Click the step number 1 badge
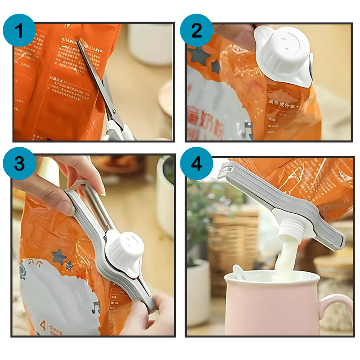(19, 30)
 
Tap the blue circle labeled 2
(196, 30)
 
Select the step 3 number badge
(19, 163)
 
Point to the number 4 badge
(196, 163)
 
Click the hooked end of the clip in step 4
(227, 171)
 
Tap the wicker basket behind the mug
(232, 234)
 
